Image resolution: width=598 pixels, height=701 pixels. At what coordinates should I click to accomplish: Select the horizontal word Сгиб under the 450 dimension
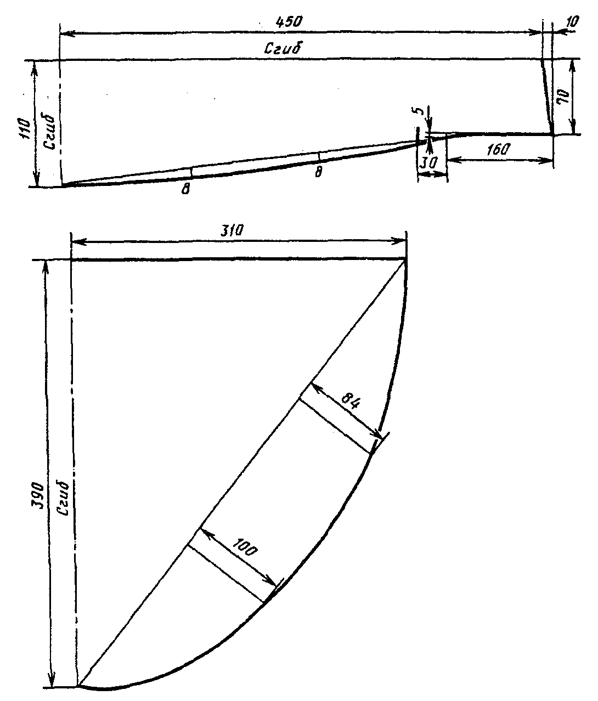284,49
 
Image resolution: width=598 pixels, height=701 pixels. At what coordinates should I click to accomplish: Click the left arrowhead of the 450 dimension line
63,34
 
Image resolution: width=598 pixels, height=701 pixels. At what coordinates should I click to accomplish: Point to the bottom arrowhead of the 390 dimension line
53,683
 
